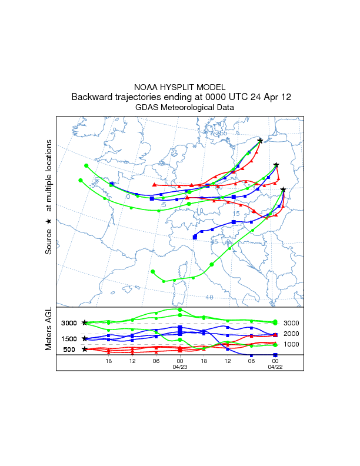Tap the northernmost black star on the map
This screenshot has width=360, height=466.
[x=260, y=140]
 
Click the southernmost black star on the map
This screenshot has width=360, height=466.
[x=284, y=189]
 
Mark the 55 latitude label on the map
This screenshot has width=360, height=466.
[x=223, y=134]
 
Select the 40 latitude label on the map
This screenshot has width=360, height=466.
[x=209, y=297]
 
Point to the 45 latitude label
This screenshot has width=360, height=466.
[x=214, y=242]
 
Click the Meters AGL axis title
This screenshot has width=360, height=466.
[x=49, y=331]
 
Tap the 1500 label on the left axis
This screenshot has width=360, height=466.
[x=69, y=339]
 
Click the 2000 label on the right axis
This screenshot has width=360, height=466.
[x=292, y=334]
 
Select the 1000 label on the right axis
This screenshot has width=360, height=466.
[x=292, y=344]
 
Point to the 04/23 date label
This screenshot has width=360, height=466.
[x=179, y=367]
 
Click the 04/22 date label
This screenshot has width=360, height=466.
[x=275, y=367]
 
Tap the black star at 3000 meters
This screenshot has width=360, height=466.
[x=85, y=323]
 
